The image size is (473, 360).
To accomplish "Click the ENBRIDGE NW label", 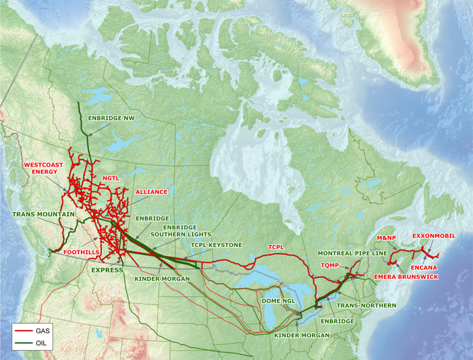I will (x=111, y=118).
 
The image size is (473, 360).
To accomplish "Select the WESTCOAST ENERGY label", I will (x=44, y=169).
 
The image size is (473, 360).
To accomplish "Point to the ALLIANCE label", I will (x=151, y=192).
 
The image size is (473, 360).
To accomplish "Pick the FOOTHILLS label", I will (x=80, y=252).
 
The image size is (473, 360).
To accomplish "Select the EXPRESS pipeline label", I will (x=106, y=270).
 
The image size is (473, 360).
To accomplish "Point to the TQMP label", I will (x=329, y=265).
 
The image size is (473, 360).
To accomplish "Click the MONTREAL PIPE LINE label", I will (x=353, y=253).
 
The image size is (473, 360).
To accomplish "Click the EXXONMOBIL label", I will (x=434, y=236).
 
